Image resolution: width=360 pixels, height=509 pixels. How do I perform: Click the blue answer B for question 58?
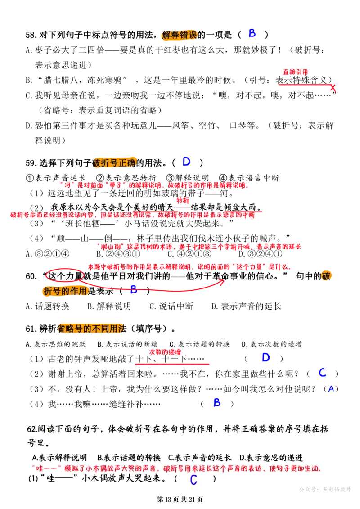coord(252,33)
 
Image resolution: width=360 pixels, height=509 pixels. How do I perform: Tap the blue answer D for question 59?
coord(186,162)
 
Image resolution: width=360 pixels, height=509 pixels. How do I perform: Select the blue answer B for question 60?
coord(134,289)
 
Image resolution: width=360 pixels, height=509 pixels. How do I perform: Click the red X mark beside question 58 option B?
coord(333,88)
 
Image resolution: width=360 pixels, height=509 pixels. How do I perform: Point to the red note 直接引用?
coord(295,72)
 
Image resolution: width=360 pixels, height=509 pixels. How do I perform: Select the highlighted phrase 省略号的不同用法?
coord(92,329)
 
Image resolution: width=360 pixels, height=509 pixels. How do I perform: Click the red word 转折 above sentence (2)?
coord(183,200)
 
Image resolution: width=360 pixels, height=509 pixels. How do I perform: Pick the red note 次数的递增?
coord(165,352)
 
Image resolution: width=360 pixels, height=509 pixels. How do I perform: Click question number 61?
coord(31,329)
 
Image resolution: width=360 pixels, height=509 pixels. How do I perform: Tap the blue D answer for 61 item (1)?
coord(266,358)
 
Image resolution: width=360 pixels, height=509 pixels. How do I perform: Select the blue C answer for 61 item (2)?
coord(322,372)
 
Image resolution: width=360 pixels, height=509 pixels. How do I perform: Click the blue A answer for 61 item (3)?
coord(331,388)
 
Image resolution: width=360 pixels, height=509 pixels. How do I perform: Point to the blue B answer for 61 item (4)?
coord(217,403)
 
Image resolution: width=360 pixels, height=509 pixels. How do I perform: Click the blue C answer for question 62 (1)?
coord(194,479)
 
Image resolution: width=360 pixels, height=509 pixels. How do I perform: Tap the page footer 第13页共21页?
coord(180,499)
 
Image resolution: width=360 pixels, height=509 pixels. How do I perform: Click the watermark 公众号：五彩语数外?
coord(325,490)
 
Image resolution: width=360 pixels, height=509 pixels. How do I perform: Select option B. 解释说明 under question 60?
coord(109,306)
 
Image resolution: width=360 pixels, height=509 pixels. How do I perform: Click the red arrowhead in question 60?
coord(222,282)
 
